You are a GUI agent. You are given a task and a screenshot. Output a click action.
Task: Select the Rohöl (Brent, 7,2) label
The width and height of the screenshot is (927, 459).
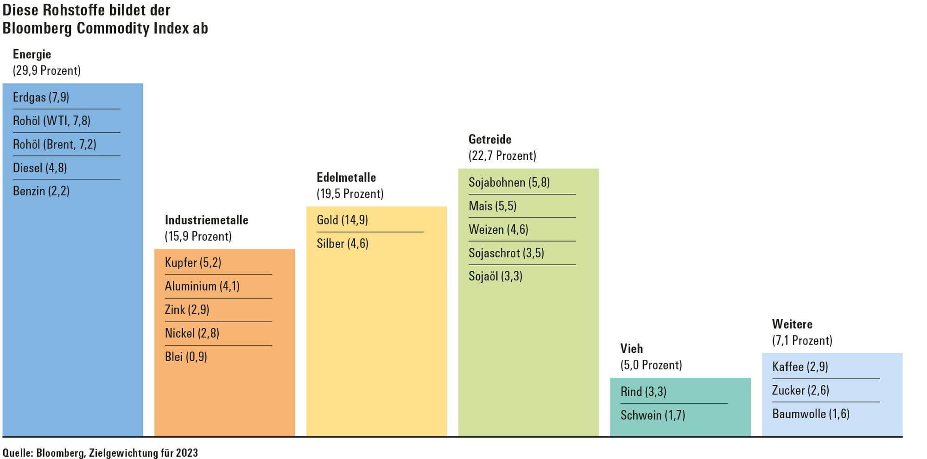coord(55,145)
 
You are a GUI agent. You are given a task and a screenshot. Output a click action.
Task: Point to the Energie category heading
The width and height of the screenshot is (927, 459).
coord(32,55)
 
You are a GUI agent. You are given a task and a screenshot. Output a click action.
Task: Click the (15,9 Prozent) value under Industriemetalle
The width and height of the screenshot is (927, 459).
coord(198,236)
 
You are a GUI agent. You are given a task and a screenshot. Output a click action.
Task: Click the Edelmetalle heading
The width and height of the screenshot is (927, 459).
coord(346,177)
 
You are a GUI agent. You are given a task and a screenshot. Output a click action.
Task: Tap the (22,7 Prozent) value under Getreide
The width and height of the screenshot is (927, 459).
coord(502,156)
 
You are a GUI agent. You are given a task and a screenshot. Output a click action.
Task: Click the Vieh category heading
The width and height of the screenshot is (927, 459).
coord(632,349)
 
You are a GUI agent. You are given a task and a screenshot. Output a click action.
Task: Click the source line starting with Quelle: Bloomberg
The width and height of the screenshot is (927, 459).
coord(100,453)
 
